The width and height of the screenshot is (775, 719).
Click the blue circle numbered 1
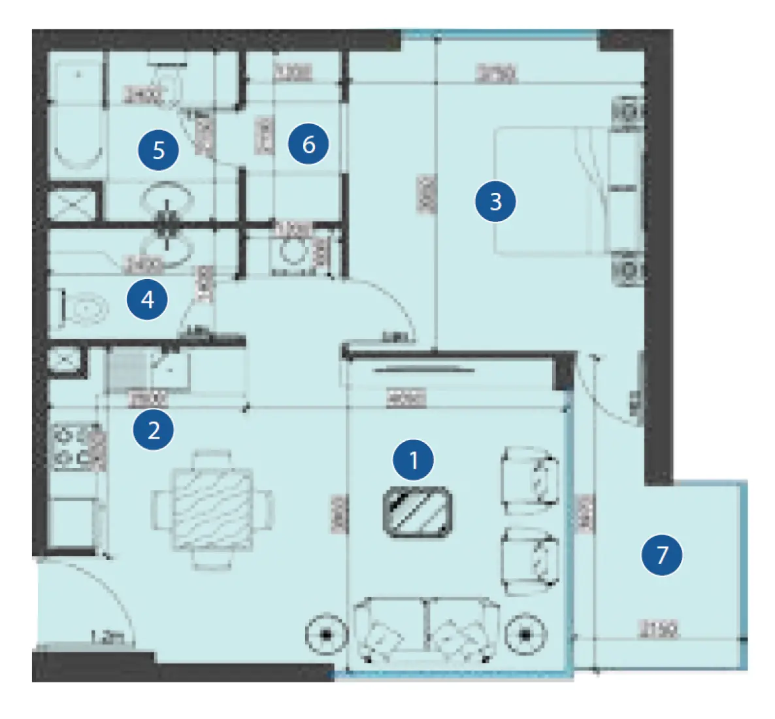pyautogui.click(x=413, y=460)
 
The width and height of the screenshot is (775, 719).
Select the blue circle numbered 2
pyautogui.click(x=154, y=429)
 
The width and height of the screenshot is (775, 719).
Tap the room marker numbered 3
pyautogui.click(x=495, y=201)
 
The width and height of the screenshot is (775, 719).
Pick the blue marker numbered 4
pyautogui.click(x=148, y=299)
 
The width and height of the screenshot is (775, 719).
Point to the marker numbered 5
pyautogui.click(x=158, y=150)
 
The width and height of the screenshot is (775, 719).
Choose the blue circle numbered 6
pyautogui.click(x=308, y=144)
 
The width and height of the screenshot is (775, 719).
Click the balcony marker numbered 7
pyautogui.click(x=662, y=554)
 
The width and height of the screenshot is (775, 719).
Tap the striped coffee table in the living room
pyautogui.click(x=418, y=512)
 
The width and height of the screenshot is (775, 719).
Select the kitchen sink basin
pyautogui.click(x=169, y=372)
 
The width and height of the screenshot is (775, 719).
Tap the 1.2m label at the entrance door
pyautogui.click(x=107, y=636)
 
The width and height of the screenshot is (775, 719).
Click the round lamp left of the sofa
pyautogui.click(x=326, y=634)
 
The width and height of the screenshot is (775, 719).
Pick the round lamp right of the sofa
pyautogui.click(x=526, y=634)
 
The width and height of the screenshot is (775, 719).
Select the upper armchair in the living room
pyautogui.click(x=530, y=480)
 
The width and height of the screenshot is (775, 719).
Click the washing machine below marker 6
pyautogui.click(x=291, y=252)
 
